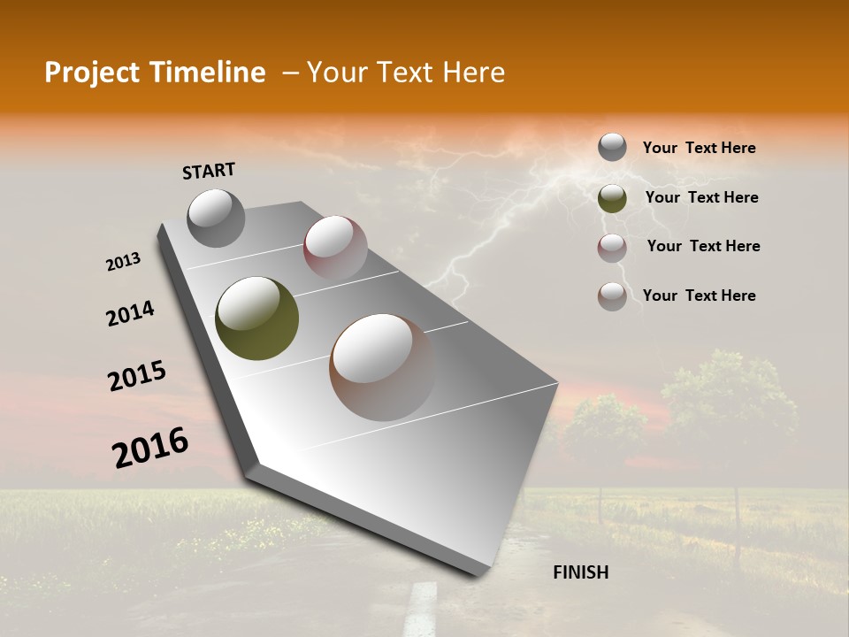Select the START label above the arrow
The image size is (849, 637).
[209, 170]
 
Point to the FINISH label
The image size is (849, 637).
[580, 572]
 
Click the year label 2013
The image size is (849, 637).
[124, 262]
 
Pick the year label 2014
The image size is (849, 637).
[130, 313]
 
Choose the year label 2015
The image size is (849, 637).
[137, 375]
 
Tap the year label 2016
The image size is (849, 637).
[150, 448]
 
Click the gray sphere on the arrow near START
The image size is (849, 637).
[216, 218]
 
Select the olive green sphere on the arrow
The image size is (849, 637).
[256, 318]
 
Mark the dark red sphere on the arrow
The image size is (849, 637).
[335, 247]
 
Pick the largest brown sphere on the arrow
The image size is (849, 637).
[382, 366]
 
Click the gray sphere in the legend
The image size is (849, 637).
[612, 147]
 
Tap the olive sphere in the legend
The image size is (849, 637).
[612, 198]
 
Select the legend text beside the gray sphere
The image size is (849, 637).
[699, 149]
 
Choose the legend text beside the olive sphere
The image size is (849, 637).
[701, 197]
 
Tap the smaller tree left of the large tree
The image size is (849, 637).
[605, 434]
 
